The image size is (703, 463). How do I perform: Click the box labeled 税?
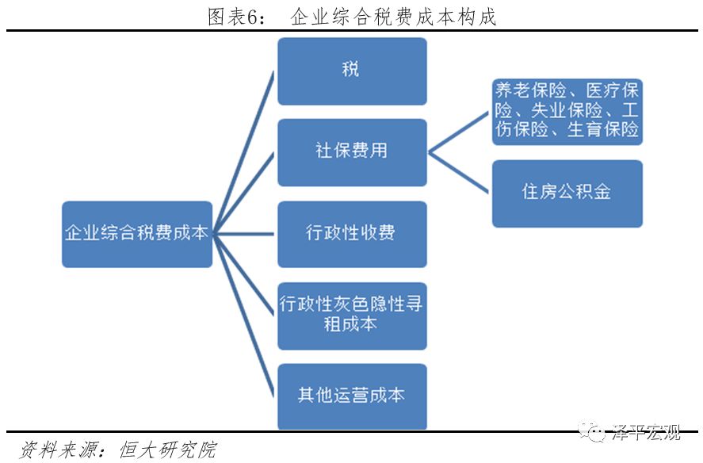coord(352,71)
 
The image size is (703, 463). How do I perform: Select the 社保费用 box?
coord(352,152)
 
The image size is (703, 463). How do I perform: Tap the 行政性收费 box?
coord(352,234)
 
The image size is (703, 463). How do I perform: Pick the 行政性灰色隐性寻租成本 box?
coord(352,315)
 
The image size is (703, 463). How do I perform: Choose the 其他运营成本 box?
coord(352,396)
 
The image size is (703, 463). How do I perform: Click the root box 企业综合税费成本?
coord(137,234)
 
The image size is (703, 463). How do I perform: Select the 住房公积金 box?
coord(567,193)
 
